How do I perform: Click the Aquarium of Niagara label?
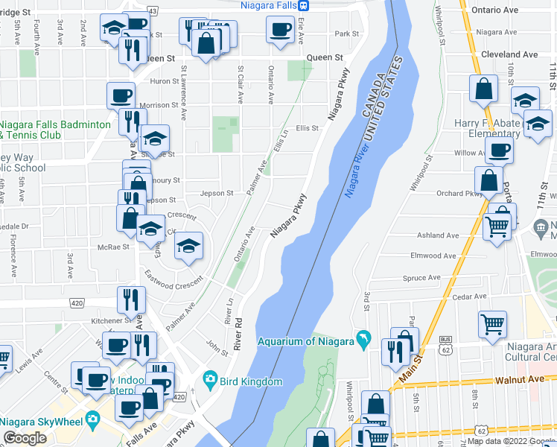(x=305, y=342)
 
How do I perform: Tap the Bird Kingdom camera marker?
(x=210, y=381)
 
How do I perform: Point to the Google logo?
(x=25, y=438)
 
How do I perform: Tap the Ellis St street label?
(x=308, y=128)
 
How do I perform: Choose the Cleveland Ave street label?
(x=509, y=54)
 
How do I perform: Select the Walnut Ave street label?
(x=518, y=379)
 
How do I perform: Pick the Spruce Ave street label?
(x=421, y=279)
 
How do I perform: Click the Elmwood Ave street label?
(x=433, y=256)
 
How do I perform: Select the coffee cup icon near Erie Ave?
(x=280, y=31)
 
